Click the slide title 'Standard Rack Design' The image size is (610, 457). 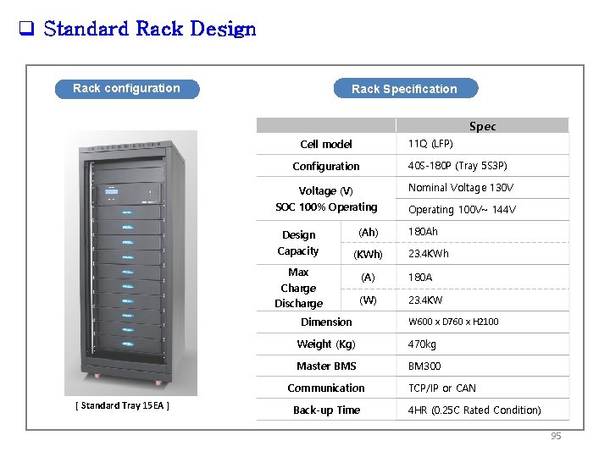[149, 30]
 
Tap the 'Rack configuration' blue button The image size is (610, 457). [126, 88]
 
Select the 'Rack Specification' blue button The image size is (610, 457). [404, 89]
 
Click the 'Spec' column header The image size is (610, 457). [482, 126]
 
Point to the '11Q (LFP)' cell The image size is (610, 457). [430, 144]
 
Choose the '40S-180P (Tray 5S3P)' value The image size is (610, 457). [457, 166]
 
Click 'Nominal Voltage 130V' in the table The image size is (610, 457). [461, 188]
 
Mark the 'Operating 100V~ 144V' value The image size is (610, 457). [462, 210]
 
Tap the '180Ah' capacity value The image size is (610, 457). [423, 231]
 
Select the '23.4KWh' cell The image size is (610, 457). [429, 254]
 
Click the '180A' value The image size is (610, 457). [420, 277]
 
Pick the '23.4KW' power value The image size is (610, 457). [425, 300]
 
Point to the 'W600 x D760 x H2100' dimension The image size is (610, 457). [453, 322]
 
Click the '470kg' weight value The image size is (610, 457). [422, 344]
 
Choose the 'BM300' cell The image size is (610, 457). [424, 366]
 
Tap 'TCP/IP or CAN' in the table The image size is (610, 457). [441, 388]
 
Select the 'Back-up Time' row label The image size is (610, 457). [326, 410]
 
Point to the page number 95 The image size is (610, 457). [556, 436]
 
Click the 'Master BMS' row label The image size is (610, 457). [326, 366]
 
